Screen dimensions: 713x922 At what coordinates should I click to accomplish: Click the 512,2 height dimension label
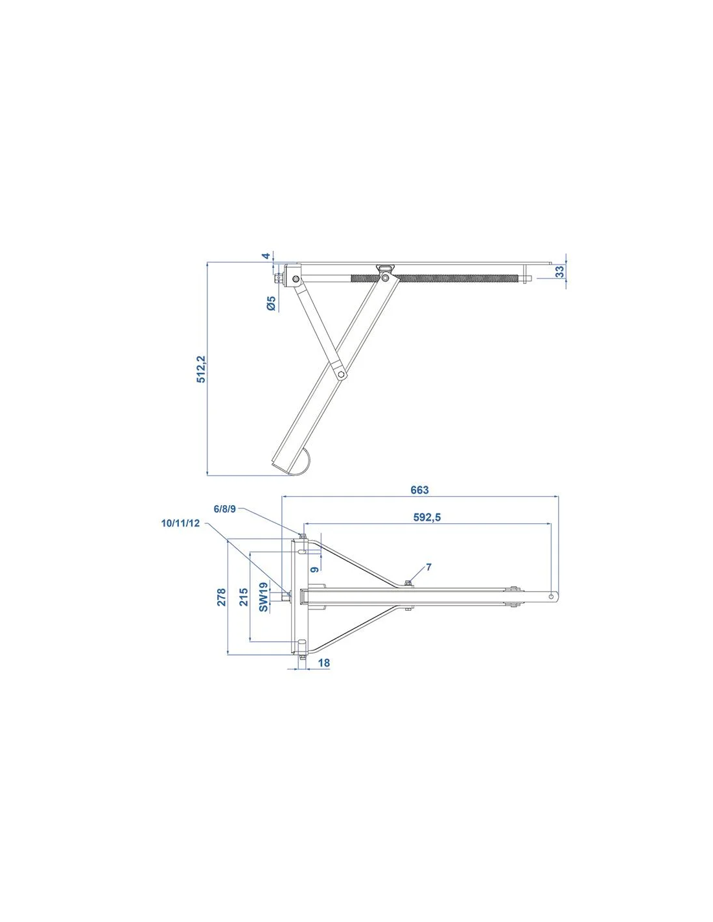201,369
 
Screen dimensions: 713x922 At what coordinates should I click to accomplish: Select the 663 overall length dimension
419,490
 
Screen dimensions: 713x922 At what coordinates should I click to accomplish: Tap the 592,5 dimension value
427,517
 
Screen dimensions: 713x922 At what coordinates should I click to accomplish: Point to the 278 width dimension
222,597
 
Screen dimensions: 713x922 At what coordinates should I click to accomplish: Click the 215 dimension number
244,597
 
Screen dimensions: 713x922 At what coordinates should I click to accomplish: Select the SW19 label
263,597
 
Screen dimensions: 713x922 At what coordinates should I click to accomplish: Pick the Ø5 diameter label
271,303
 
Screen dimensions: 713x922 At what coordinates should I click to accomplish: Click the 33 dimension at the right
561,272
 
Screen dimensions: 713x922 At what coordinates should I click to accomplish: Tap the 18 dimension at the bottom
323,663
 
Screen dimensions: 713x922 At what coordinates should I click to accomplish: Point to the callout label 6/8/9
224,509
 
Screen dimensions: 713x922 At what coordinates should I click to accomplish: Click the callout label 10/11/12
180,523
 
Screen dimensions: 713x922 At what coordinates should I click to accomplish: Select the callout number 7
429,567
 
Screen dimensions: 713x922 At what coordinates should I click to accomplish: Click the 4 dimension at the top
266,256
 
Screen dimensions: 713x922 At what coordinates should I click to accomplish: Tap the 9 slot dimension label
315,569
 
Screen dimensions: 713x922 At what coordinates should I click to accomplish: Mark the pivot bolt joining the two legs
340,374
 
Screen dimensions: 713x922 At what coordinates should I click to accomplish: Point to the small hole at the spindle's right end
551,597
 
